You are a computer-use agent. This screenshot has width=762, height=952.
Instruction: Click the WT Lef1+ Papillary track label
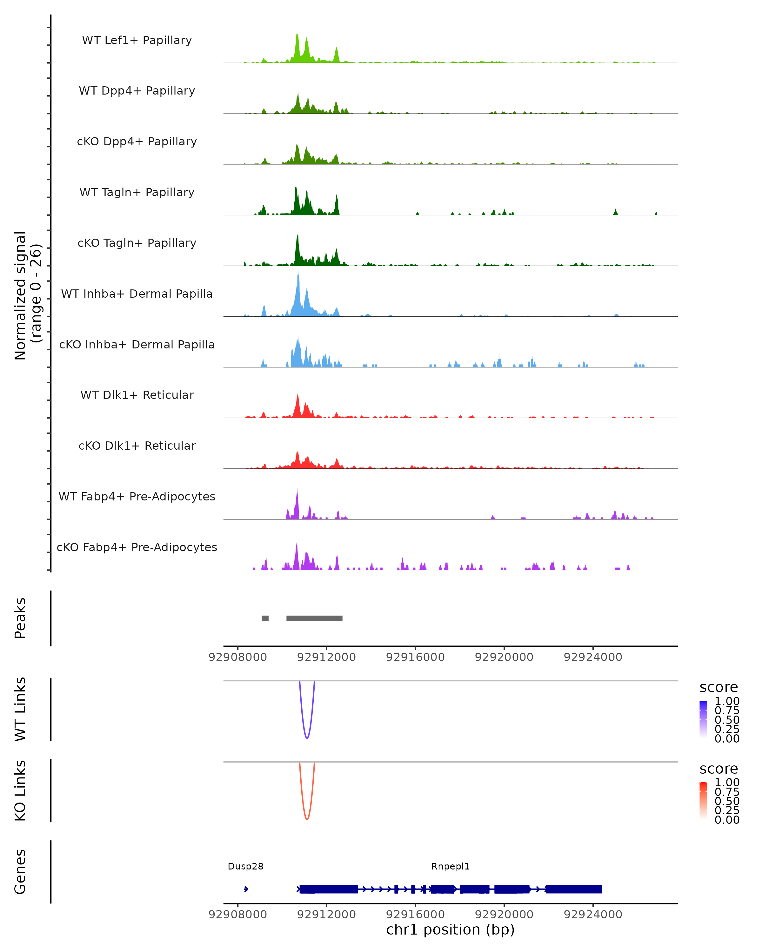137,40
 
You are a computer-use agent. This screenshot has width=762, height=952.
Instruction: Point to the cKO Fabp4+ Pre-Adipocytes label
137,547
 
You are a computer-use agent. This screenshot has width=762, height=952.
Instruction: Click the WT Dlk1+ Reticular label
137,395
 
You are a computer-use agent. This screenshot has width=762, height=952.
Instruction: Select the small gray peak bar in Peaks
265,618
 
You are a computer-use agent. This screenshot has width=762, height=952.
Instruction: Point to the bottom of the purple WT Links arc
307,738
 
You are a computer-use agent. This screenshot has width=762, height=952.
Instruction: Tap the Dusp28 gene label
246,866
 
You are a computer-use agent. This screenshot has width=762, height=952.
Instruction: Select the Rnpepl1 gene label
450,866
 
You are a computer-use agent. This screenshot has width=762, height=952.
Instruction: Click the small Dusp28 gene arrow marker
246,889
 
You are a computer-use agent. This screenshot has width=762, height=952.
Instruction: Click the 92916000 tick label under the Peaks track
415,657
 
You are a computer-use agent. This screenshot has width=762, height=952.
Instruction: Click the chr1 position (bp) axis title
450,929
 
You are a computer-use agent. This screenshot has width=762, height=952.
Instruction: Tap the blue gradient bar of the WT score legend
703,719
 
